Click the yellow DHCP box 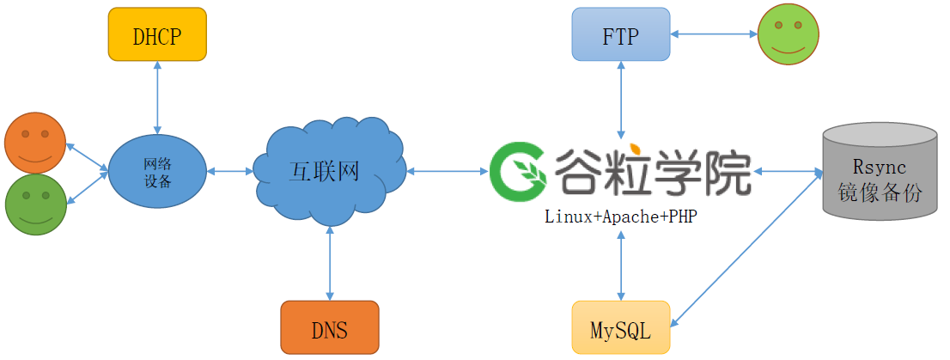(157, 35)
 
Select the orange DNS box (330, 327)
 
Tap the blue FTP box (621, 35)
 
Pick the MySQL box (621, 327)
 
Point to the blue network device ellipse (157, 171)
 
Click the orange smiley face (35, 143)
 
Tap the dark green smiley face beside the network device (35, 204)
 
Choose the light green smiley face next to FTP (789, 35)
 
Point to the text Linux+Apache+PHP (621, 217)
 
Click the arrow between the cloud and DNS (330, 264)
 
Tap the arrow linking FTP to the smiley (713, 35)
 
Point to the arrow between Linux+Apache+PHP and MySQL (621, 264)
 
